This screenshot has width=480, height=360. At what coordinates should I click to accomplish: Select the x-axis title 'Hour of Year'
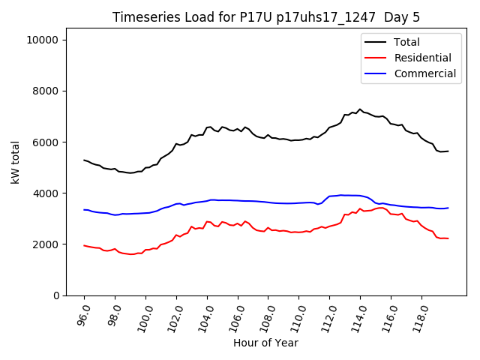point(265,343)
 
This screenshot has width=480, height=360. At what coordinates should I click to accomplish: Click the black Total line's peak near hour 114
point(360,109)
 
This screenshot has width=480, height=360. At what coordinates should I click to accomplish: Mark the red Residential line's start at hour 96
point(84,245)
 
